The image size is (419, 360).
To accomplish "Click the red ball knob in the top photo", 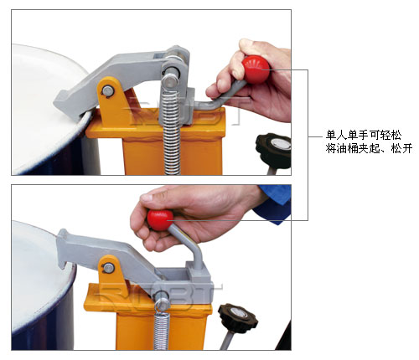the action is tap(256, 69).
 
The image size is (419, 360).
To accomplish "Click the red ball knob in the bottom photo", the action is tap(160, 220).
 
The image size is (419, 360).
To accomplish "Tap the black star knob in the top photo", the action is tap(274, 150).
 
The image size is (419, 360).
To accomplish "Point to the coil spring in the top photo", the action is tap(172, 131).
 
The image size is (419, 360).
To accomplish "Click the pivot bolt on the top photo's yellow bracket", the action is tap(108, 90).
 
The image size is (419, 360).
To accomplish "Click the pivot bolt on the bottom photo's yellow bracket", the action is tap(108, 268).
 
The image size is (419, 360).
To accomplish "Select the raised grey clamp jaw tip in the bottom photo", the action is tap(64, 245).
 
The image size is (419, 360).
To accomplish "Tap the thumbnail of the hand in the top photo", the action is tap(246, 44).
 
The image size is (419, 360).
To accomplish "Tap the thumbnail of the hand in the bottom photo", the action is tap(146, 198).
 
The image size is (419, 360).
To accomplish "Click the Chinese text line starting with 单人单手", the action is tap(364, 135).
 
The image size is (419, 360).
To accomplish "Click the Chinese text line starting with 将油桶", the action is tap(369, 148).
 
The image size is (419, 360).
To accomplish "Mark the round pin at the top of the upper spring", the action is tap(170, 80).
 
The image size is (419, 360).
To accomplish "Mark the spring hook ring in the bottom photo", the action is tap(162, 305).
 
